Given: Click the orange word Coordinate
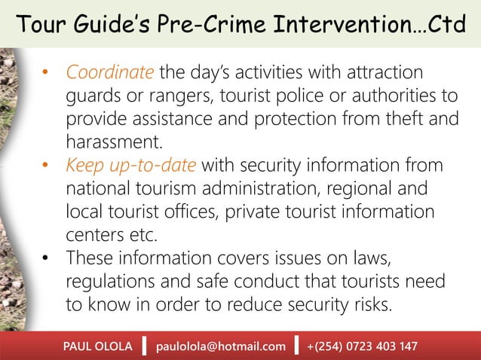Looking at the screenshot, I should (x=110, y=73).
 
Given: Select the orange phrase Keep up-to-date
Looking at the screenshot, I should (x=132, y=165).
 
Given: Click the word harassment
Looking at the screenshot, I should (x=112, y=142).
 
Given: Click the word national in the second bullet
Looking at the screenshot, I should (x=102, y=188).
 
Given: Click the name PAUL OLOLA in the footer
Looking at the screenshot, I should (x=97, y=346).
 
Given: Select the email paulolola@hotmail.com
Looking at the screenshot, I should (x=221, y=346).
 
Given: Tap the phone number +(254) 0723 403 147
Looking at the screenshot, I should (x=362, y=346).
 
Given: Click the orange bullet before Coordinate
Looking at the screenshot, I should (x=44, y=74).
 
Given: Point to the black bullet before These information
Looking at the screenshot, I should (x=44, y=258).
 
